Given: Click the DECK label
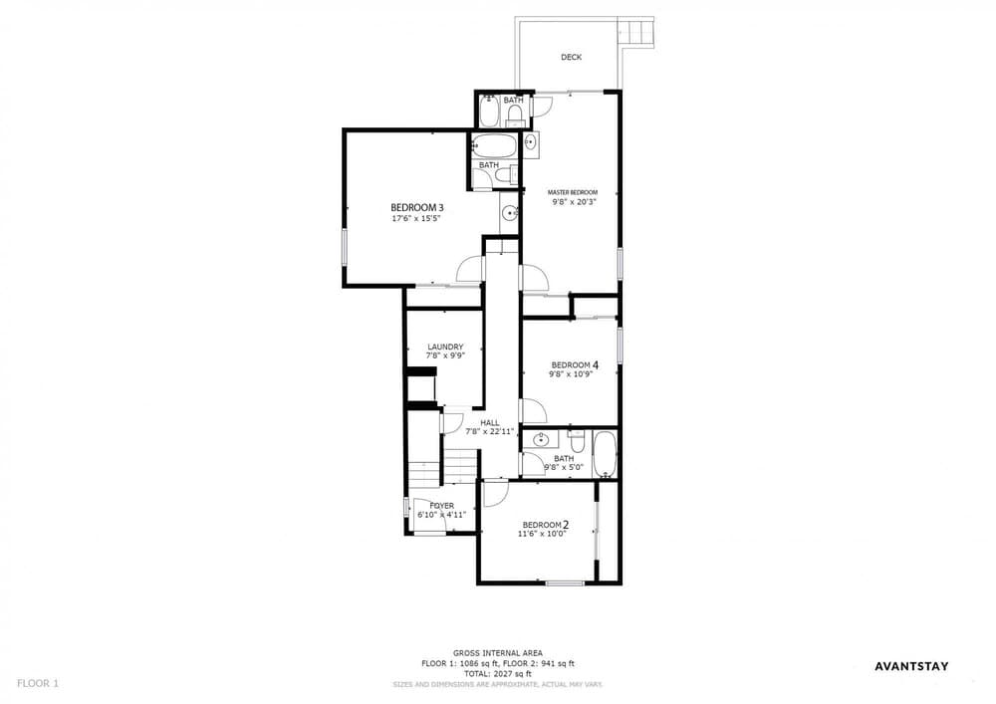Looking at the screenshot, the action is pos(571,57).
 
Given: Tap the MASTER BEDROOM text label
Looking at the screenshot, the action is pos(573,192).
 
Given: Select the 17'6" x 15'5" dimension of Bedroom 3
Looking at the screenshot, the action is pos(416,218).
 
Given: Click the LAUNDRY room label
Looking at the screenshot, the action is pos(445,347).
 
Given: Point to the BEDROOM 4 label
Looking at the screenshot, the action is pos(575,365).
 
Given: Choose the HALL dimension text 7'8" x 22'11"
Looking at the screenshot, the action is pos(489,432).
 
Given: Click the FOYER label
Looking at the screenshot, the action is pos(441,506).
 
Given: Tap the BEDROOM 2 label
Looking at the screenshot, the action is pos(545,525).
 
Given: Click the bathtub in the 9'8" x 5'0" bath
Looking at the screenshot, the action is pos(605,454).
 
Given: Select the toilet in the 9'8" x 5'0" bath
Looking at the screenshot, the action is pos(576,438).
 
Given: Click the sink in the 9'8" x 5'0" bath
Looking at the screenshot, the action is pos(541,439).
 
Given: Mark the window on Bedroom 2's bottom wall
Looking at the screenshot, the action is pos(566,583).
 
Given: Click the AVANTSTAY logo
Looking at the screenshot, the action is pos(911,666).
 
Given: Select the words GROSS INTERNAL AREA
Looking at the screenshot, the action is pos(497,652).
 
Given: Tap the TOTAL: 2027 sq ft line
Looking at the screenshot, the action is pos(497,673).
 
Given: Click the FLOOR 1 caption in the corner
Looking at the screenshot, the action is pos(38,684).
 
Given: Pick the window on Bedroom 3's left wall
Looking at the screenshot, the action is pos(345,247).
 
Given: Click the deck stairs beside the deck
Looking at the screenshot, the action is pos(636,32).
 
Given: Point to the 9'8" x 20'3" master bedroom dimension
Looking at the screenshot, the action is pos(575,202).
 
